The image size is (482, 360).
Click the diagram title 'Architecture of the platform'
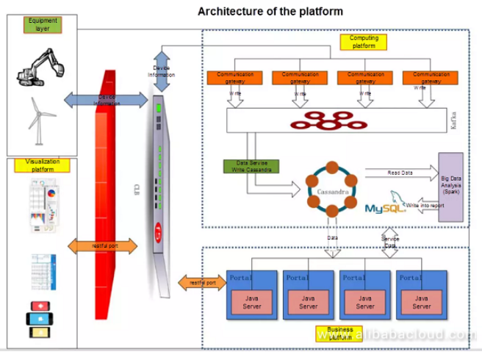point(270,11)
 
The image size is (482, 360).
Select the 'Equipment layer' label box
point(43,25)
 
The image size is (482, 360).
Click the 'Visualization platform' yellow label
point(43,165)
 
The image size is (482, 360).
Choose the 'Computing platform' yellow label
point(364,42)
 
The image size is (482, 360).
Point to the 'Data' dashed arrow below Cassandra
point(333,239)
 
